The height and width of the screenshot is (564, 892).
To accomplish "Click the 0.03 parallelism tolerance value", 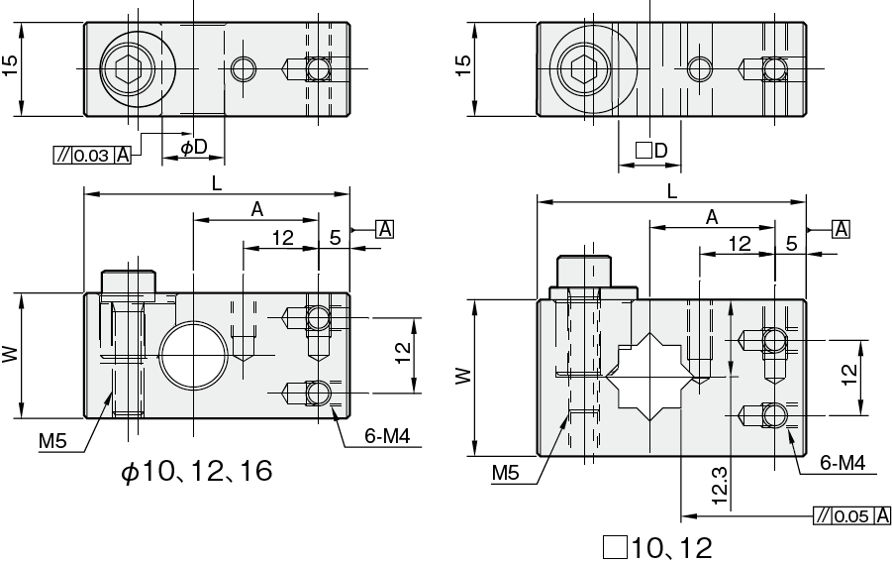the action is pyautogui.click(x=90, y=156).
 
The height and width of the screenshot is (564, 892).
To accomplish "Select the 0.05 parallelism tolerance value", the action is pyautogui.click(x=851, y=516).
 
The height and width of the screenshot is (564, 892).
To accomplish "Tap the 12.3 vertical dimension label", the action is pyautogui.click(x=719, y=486).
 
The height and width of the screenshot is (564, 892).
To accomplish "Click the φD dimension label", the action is pyautogui.click(x=194, y=148).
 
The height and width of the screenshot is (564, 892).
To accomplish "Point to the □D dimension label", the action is pyautogui.click(x=651, y=151).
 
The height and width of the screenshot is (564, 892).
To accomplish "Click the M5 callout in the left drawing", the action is pyautogui.click(x=52, y=440).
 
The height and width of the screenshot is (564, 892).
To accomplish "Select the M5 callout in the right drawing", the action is pyautogui.click(x=506, y=472).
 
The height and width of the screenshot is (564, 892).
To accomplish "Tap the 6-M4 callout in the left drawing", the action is pyautogui.click(x=387, y=436).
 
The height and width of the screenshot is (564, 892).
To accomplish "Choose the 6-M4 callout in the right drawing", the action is pyautogui.click(x=842, y=463).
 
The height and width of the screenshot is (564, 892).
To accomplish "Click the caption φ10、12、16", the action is pyautogui.click(x=197, y=471).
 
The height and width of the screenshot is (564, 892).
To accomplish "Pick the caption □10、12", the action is pyautogui.click(x=657, y=548).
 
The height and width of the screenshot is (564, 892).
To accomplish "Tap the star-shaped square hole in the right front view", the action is pyautogui.click(x=650, y=377).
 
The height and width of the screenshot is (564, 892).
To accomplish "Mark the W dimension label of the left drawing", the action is pyautogui.click(x=10, y=355).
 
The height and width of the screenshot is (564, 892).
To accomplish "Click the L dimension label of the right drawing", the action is pyautogui.click(x=672, y=191).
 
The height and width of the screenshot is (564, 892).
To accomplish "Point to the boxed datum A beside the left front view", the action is pyautogui.click(x=385, y=229).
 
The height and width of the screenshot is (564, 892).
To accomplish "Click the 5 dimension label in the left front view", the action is pyautogui.click(x=335, y=238).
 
